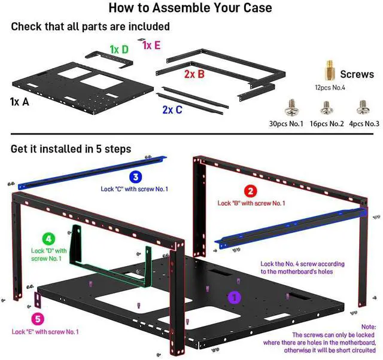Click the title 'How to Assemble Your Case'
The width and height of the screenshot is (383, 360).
pyautogui.click(x=190, y=8)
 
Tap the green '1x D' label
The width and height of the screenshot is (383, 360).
pyautogui.click(x=118, y=49)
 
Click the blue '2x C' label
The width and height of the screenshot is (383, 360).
pyautogui.click(x=172, y=110)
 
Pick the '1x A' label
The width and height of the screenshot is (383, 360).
pyautogui.click(x=19, y=102)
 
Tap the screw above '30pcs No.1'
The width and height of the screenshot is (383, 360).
pyautogui.click(x=290, y=108)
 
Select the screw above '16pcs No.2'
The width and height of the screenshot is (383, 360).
pyautogui.click(x=326, y=108)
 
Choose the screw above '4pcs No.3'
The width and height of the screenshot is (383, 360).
pyautogui.click(x=362, y=108)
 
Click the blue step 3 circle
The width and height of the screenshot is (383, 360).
pyautogui.click(x=135, y=177)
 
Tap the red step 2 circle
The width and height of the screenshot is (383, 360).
pyautogui.click(x=251, y=191)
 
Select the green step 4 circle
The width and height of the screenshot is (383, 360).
pyautogui.click(x=49, y=239)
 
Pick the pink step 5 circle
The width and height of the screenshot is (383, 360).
pyautogui.click(x=37, y=319)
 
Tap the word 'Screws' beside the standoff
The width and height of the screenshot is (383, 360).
pyautogui.click(x=357, y=75)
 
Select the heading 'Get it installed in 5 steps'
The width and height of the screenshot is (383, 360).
pyautogui.click(x=71, y=148)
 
